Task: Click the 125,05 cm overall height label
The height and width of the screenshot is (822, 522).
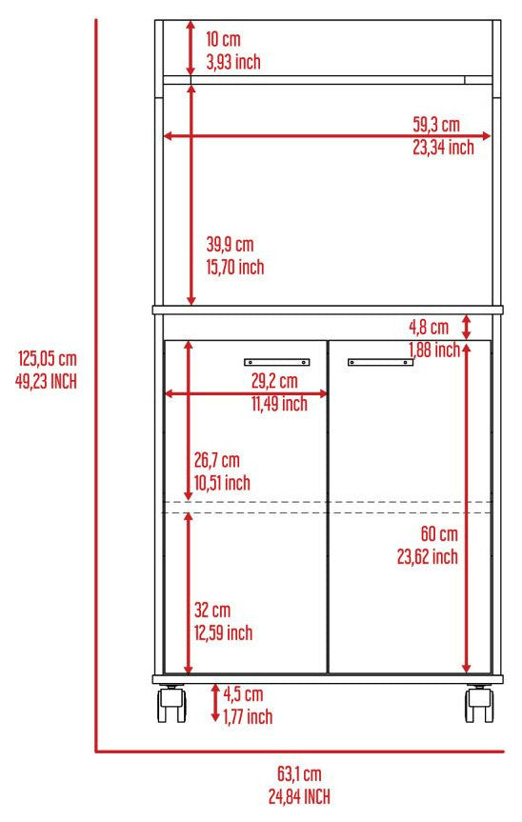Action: pos(48,358)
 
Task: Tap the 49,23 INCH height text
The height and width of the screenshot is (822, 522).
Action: pos(46,381)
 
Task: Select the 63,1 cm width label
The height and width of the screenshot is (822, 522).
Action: pos(299,773)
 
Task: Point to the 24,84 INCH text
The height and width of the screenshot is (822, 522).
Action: pos(299,796)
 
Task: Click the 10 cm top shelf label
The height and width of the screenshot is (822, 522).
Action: pos(223,39)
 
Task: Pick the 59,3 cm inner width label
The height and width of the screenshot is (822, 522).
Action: pos(436,124)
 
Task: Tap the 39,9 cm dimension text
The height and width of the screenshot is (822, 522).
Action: pos(231,244)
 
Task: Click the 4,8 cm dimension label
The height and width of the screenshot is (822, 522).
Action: pos(429,327)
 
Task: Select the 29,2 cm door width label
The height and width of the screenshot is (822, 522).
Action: pos(274,381)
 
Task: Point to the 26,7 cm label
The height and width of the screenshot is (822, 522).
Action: pos(217,460)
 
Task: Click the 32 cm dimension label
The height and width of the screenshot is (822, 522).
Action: pos(212,611)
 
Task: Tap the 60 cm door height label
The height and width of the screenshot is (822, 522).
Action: pos(439,534)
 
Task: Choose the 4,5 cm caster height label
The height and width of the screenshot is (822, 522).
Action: pos(243,694)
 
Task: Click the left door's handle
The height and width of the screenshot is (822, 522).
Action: pos(277,362)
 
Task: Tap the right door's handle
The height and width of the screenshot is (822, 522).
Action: pos(380,362)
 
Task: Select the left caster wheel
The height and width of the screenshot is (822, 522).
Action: pos(171,705)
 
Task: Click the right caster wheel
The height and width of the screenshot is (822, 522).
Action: pos(479,705)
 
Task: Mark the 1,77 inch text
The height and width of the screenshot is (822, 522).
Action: pos(248,716)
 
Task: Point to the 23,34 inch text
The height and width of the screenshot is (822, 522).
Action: pos(443,148)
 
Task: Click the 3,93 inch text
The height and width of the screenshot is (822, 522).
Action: pos(233,62)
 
